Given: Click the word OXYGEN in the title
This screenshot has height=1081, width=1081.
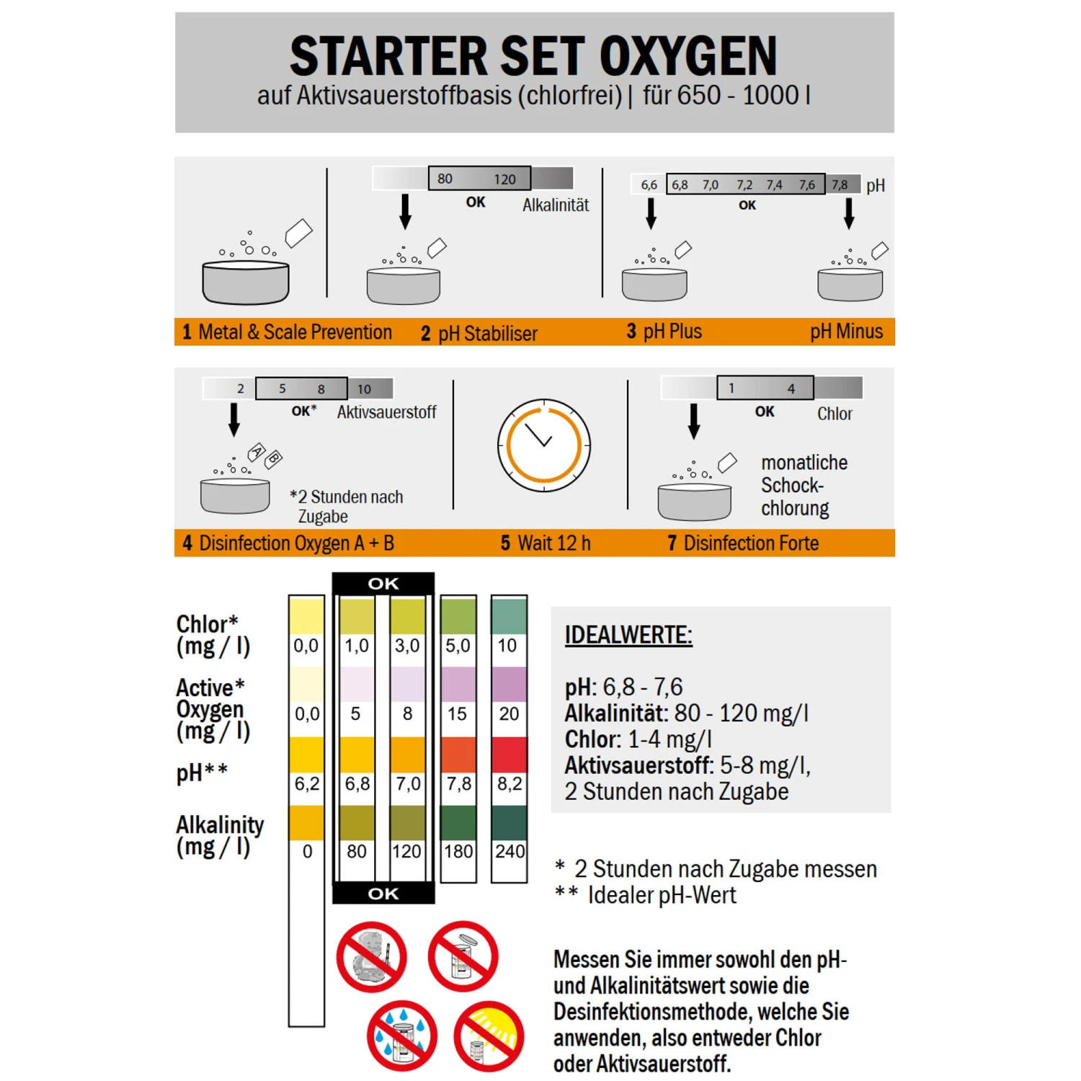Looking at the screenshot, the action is pyautogui.click(x=688, y=56).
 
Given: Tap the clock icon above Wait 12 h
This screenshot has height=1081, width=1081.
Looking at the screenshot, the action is pyautogui.click(x=544, y=445).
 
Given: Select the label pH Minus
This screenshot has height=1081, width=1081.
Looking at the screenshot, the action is pyautogui.click(x=846, y=332).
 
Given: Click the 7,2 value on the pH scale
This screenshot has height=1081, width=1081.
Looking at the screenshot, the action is pyautogui.click(x=744, y=185).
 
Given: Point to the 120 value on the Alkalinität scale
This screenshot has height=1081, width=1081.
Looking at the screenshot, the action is pyautogui.click(x=504, y=179).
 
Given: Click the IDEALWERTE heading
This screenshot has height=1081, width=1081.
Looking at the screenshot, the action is pyautogui.click(x=628, y=635).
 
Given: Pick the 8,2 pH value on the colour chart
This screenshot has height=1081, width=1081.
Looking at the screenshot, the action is pyautogui.click(x=510, y=783).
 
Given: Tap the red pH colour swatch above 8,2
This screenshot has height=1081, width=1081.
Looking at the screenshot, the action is pyautogui.click(x=509, y=755).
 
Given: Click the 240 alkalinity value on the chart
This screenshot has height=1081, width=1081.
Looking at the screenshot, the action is pyautogui.click(x=510, y=851).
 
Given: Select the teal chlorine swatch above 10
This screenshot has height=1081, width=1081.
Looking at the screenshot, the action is pyautogui.click(x=509, y=616).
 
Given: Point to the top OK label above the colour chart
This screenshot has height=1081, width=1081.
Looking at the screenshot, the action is pyautogui.click(x=383, y=583).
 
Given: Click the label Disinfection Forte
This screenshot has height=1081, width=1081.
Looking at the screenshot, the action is pyautogui.click(x=751, y=543).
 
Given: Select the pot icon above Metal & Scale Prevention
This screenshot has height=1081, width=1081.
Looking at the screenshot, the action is pyautogui.click(x=246, y=282).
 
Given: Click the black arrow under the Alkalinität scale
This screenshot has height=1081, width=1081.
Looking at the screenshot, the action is pyautogui.click(x=406, y=211).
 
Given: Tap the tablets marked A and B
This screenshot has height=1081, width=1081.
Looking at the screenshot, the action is pyautogui.click(x=264, y=455).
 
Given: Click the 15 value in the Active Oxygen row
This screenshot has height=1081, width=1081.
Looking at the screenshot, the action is pyautogui.click(x=458, y=713).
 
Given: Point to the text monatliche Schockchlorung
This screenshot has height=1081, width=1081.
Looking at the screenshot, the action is pyautogui.click(x=804, y=485).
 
